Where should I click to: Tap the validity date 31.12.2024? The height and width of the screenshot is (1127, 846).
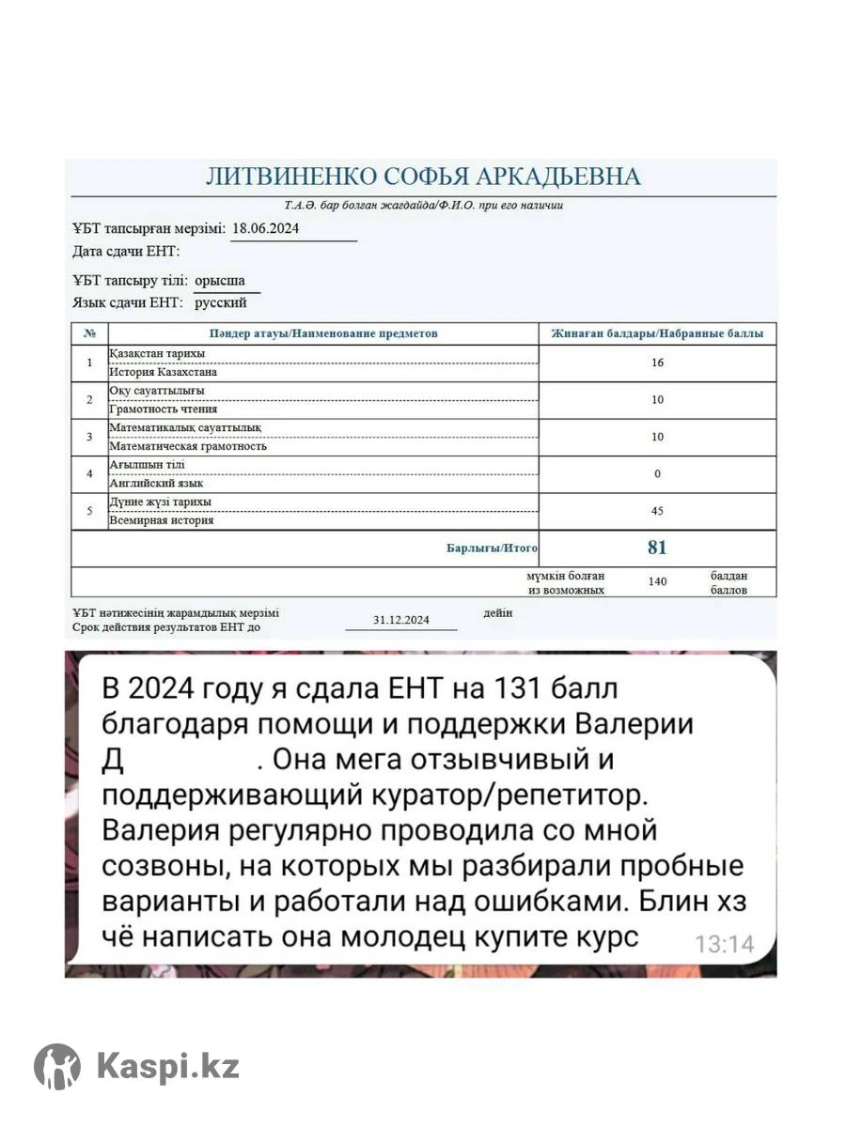point(400,620)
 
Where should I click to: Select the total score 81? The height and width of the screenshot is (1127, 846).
point(657,548)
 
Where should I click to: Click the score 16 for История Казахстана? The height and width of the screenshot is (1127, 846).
point(657,363)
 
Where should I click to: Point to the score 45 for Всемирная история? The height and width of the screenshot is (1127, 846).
point(657,511)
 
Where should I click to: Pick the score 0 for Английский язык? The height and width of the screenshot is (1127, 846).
point(657,473)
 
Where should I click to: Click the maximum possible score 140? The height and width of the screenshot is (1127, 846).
point(657,581)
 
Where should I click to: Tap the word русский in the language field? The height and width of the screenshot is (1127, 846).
point(221,302)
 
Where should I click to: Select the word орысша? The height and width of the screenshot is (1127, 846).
point(220,280)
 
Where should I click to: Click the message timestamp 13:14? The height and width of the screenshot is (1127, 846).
point(724,944)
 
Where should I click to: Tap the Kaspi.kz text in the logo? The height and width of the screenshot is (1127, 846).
point(168,1067)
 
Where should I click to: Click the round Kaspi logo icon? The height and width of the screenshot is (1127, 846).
point(57,1067)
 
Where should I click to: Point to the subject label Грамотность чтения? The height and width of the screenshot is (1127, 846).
point(164,409)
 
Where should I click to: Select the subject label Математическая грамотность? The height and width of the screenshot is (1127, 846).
point(188,446)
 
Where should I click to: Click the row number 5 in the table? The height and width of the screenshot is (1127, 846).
point(89,511)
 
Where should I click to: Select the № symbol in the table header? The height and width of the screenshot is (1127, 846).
point(89,333)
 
